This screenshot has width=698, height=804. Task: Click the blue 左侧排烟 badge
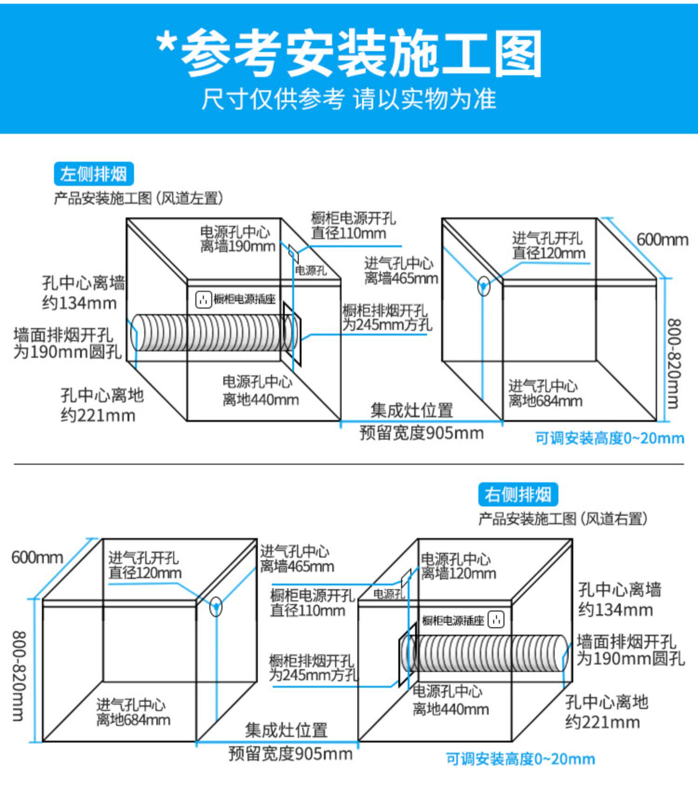[x=94, y=174]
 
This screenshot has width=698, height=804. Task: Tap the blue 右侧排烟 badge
[x=517, y=494]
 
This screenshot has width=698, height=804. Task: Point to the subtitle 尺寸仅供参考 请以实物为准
[x=349, y=99]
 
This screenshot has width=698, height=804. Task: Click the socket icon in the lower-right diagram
[x=496, y=619]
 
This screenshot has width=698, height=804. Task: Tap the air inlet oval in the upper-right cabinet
[x=484, y=286]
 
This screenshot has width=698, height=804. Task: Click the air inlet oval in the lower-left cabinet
[x=216, y=606]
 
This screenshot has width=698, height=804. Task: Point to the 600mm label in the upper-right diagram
[x=662, y=240]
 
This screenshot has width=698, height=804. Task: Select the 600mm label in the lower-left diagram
[x=37, y=557]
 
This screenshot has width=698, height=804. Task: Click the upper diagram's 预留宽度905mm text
[x=421, y=433]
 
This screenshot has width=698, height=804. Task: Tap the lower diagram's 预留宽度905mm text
[x=290, y=753]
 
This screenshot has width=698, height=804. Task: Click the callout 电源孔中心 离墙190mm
[x=237, y=239]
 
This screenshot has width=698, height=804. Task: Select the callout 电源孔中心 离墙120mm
[x=458, y=566]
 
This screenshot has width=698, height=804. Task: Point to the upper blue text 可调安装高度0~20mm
[x=609, y=438]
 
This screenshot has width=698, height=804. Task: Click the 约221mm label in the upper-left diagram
[x=98, y=415]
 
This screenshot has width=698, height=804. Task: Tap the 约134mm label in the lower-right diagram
[x=615, y=610]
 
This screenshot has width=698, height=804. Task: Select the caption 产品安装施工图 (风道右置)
[x=563, y=518]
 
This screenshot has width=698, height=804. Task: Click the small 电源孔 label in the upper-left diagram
[x=311, y=270]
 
